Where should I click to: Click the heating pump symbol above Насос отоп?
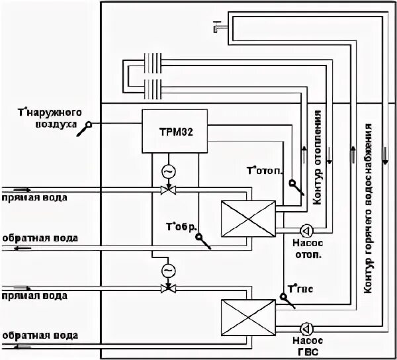coord(306,231)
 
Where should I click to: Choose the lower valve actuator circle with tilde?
coord(167,271)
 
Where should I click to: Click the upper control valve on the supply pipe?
coord(167,191)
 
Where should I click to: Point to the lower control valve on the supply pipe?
coord(167,289)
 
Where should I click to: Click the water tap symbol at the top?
coord(217,26)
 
